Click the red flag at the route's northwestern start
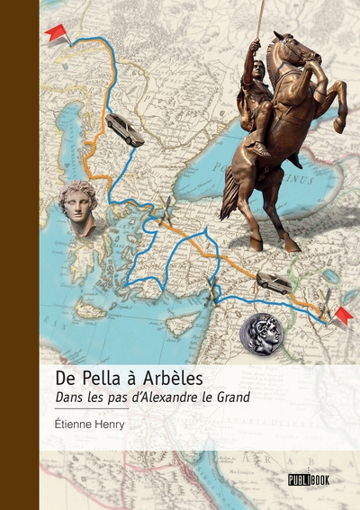click(x=58, y=33)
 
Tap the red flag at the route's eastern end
click(x=343, y=316)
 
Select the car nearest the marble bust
click(x=124, y=129)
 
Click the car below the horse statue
click(x=274, y=283)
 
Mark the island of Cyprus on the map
click(x=183, y=321)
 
